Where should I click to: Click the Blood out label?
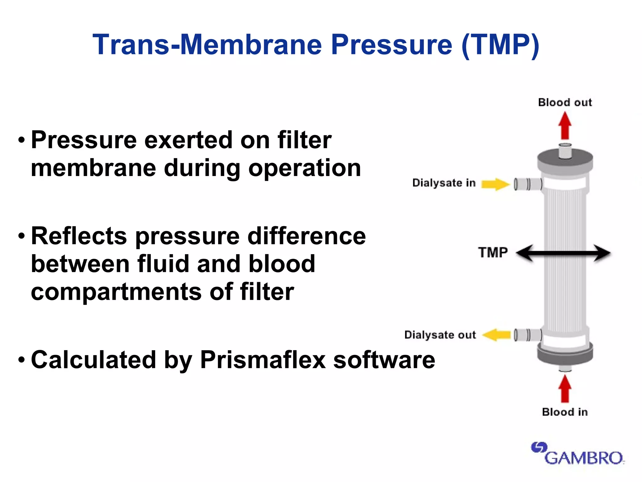pos(565,102)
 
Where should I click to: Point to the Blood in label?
pos(565,412)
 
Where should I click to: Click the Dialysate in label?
pos(444,183)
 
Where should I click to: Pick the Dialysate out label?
pos(440,335)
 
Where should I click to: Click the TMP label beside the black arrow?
pos(493,253)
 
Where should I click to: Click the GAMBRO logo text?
pos(584,458)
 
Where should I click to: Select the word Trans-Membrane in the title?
pos(207,45)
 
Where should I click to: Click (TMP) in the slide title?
pos(500,45)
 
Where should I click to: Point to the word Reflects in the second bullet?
pos(79,236)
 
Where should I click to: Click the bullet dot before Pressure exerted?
pos(21,140)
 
